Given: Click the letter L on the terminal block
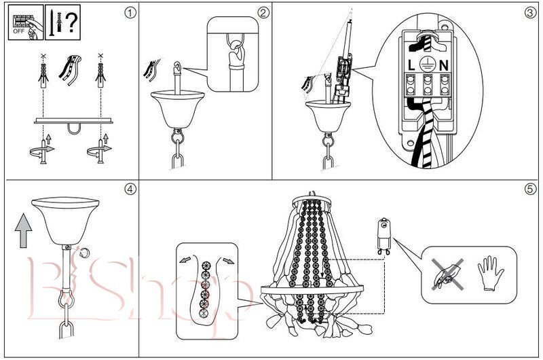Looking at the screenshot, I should click(411, 66).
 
